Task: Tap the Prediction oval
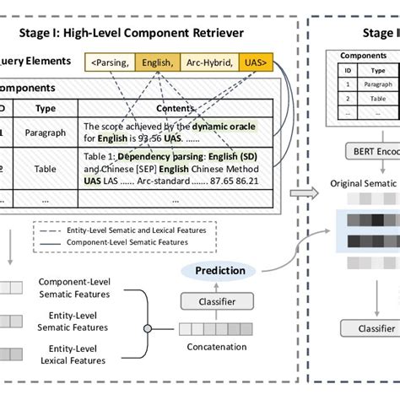click(214, 271)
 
